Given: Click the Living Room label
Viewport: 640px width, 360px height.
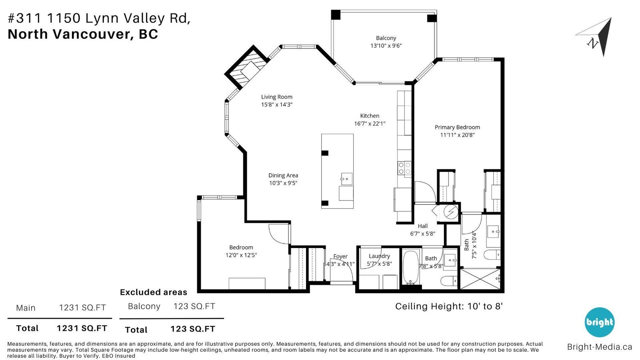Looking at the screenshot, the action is pyautogui.click(x=276, y=97).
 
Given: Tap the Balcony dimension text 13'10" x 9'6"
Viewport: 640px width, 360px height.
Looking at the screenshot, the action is pyautogui.click(x=386, y=46).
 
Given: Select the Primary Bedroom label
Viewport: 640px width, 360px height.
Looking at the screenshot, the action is pyautogui.click(x=457, y=127).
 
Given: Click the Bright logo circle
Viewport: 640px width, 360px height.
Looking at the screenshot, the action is pyautogui.click(x=600, y=322).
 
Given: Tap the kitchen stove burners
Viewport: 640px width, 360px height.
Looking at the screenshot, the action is pyautogui.click(x=404, y=168).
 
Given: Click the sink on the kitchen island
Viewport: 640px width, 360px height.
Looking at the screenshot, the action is pyautogui.click(x=346, y=179).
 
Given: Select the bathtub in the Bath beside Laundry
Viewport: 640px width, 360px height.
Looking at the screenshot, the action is pyautogui.click(x=410, y=267).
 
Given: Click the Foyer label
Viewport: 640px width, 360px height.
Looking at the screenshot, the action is pyautogui.click(x=340, y=256).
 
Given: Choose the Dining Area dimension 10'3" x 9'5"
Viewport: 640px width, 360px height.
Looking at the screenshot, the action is pyautogui.click(x=283, y=183).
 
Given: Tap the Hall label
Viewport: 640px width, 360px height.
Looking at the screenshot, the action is pyautogui.click(x=422, y=226).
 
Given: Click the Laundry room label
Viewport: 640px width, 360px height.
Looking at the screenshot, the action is pyautogui.click(x=379, y=256).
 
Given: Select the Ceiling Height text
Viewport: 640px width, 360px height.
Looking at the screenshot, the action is pyautogui.click(x=449, y=306).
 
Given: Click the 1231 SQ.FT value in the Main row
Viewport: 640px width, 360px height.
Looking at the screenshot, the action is pyautogui.click(x=82, y=308).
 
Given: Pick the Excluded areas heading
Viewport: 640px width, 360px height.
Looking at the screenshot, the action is pyautogui.click(x=154, y=292).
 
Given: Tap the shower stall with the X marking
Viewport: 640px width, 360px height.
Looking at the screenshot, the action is pyautogui.click(x=480, y=278).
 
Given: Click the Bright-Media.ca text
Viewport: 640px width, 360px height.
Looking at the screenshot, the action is pyautogui.click(x=600, y=347).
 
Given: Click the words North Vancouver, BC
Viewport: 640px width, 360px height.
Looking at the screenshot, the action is pyautogui.click(x=83, y=34).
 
